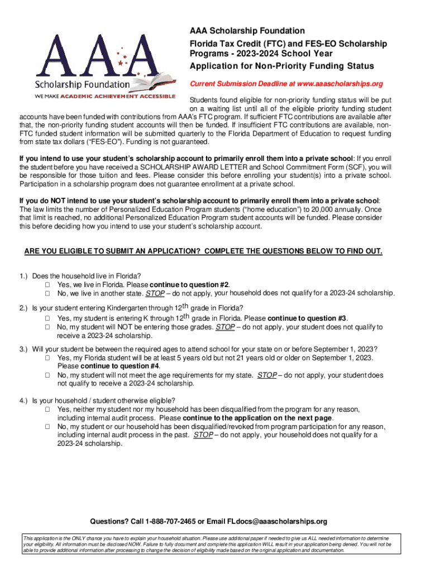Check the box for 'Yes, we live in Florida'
pyautogui.click(x=48, y=284)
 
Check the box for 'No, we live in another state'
pyautogui.click(x=48, y=293)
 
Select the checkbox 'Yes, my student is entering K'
pyautogui.click(x=48, y=318)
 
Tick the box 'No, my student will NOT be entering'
pyautogui.click(x=48, y=327)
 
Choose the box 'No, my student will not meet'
pyautogui.click(x=48, y=375)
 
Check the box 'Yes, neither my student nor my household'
pyautogui.click(x=48, y=409)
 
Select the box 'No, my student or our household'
pyautogui.click(x=48, y=427)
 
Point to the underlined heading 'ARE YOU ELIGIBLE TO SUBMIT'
pyautogui.click(x=203, y=251)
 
